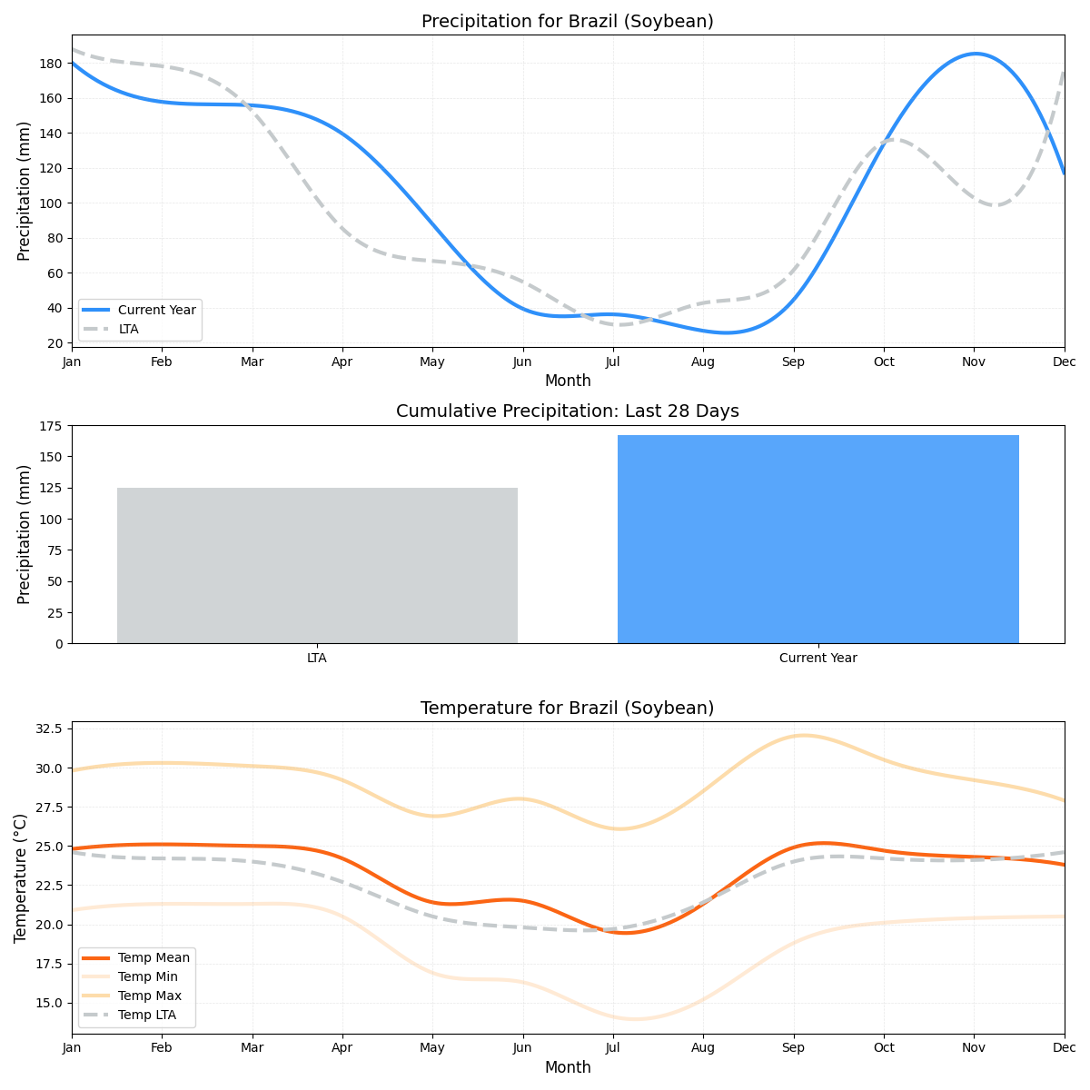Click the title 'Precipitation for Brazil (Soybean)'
(x=568, y=22)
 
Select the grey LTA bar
(x=317, y=565)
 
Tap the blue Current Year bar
(x=817, y=540)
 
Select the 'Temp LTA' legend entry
(x=146, y=1015)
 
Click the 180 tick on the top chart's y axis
(x=51, y=64)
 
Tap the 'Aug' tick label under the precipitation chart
(x=702, y=362)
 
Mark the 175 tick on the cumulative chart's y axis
(x=51, y=426)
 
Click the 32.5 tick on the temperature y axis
(x=46, y=728)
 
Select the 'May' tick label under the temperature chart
(x=432, y=1048)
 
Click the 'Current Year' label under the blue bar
(x=817, y=659)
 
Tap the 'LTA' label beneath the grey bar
(x=317, y=659)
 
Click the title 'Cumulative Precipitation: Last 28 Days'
(x=568, y=411)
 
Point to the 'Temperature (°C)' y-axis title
(x=21, y=877)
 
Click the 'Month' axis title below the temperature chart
(x=568, y=1067)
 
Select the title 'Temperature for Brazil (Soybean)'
(x=568, y=708)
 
